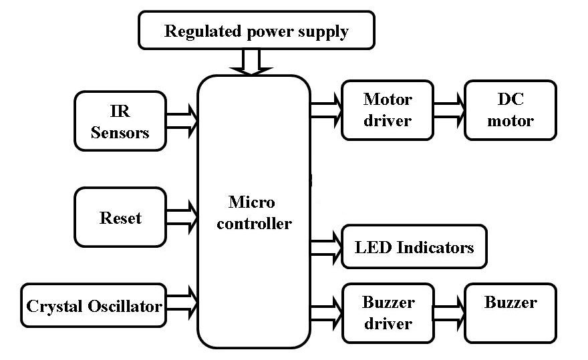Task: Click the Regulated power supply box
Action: (256, 31)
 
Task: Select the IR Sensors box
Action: (120, 121)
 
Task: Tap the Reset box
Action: (120, 218)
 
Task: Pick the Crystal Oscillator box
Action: (93, 306)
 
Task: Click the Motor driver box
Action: (388, 110)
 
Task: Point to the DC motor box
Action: (510, 110)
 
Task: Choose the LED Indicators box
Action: (414, 247)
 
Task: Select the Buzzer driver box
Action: (388, 313)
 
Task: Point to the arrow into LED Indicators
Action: (326, 246)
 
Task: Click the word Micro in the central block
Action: (252, 202)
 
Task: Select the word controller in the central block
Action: (254, 223)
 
